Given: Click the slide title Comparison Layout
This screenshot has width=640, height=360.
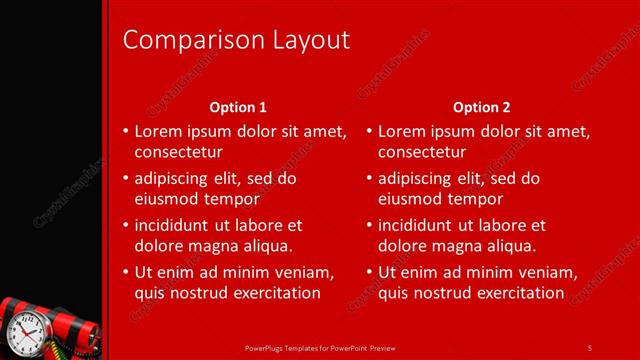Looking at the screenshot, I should click(x=236, y=40).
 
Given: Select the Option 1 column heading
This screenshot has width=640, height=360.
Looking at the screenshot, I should click(x=238, y=107).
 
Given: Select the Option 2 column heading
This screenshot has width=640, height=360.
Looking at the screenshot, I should click(x=481, y=107).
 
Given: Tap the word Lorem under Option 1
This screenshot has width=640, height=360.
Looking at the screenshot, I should click(x=158, y=131).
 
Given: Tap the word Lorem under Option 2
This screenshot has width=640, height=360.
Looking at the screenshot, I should click(x=402, y=131).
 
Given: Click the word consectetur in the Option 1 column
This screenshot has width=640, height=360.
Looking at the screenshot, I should click(x=178, y=152).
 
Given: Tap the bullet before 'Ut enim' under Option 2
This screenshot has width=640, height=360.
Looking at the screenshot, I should click(x=368, y=273).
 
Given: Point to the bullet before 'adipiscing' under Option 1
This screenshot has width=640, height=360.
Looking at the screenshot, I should click(x=125, y=179).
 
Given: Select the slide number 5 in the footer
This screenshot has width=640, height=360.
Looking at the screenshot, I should click(x=590, y=346).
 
